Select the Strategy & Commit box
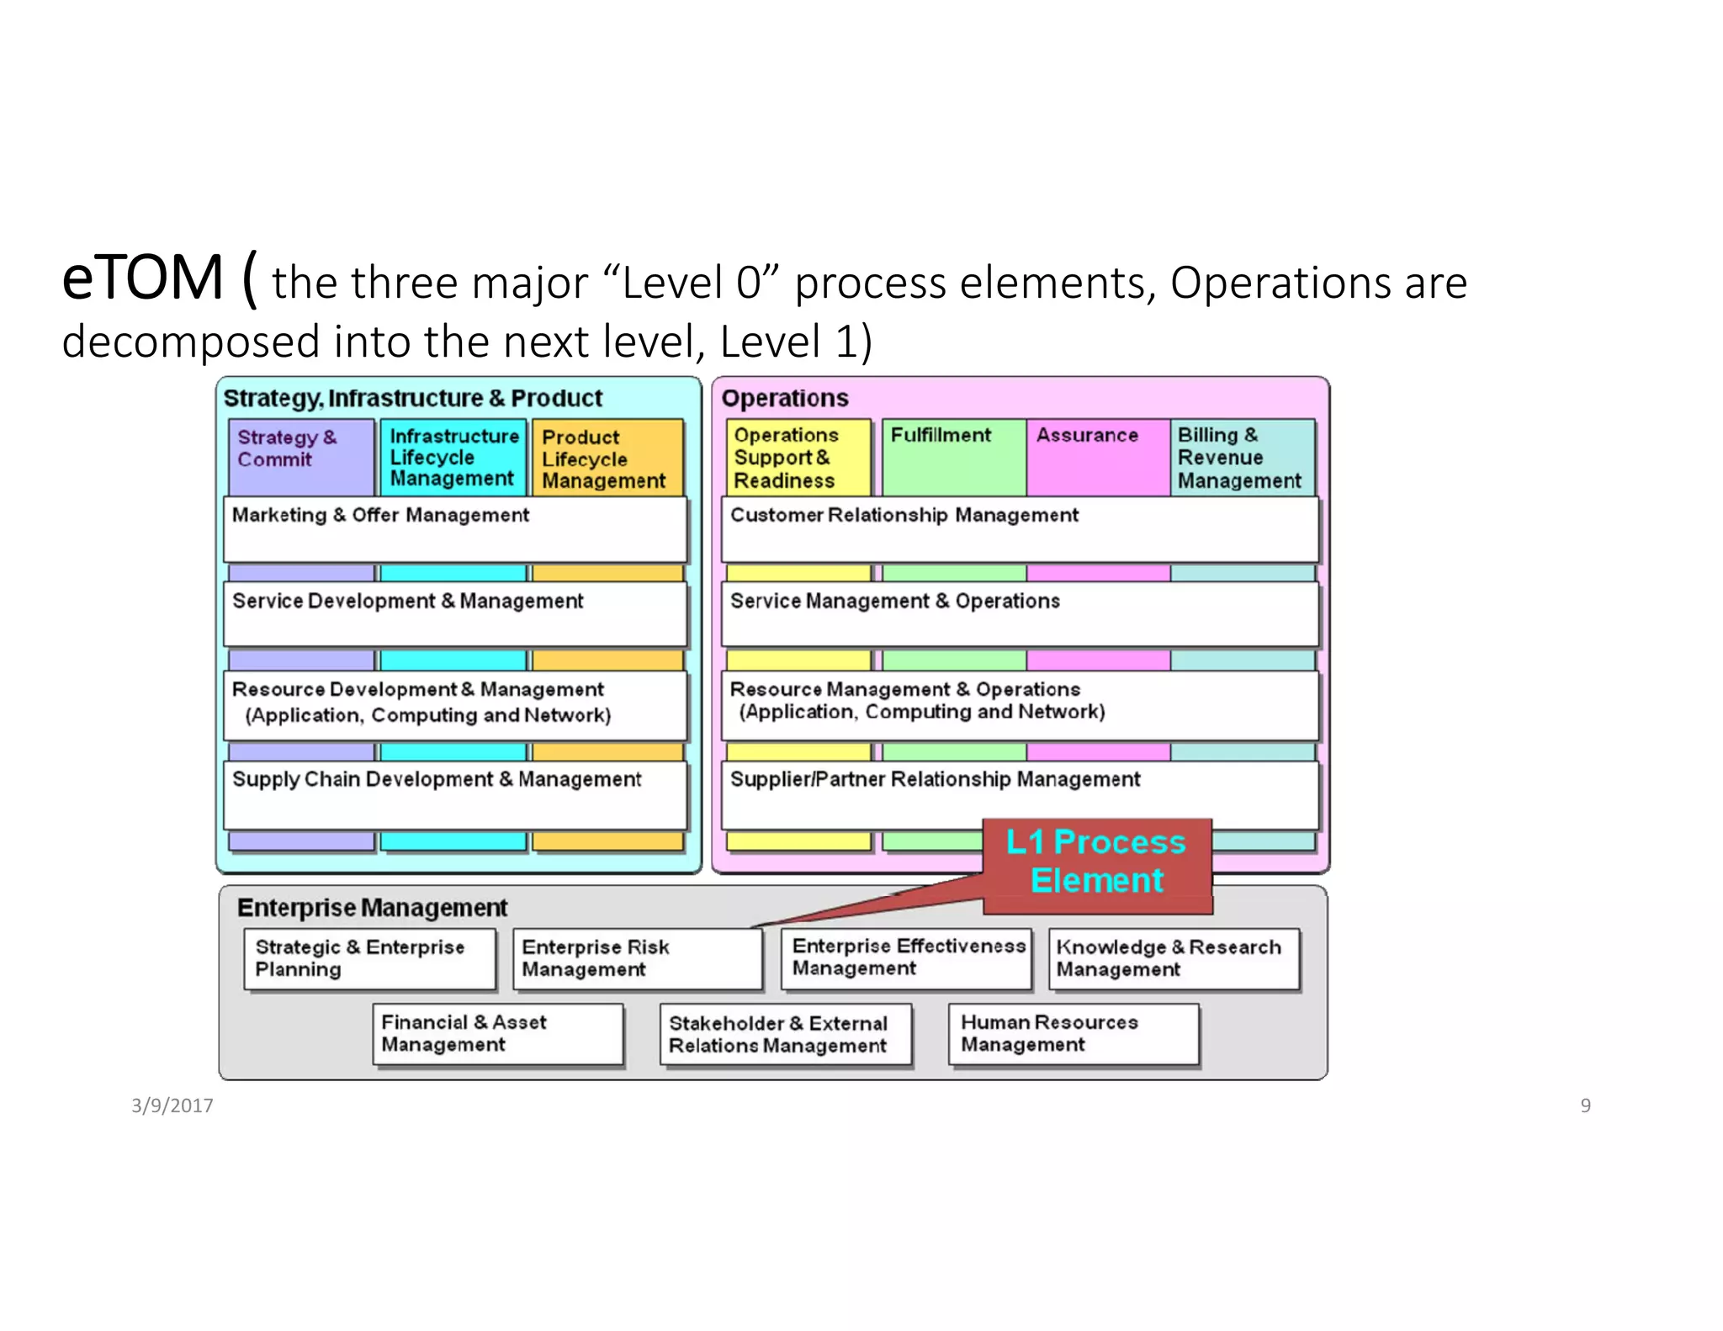[300, 457]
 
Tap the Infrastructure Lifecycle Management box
[453, 457]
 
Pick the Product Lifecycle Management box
[606, 459]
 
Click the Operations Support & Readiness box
[797, 458]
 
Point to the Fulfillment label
[941, 435]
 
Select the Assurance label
[1086, 435]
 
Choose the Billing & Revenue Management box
[1241, 458]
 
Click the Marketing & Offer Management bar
[454, 529]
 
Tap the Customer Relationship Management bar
[1019, 529]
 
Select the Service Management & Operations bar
[1019, 615]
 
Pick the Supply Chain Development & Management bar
[454, 794]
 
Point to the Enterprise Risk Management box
[637, 959]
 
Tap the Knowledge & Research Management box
[1174, 959]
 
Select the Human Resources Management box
[1073, 1034]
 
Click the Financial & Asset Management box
[497, 1034]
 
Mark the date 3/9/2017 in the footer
[172, 1106]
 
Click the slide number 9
[1585, 1106]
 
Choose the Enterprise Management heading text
[372, 908]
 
